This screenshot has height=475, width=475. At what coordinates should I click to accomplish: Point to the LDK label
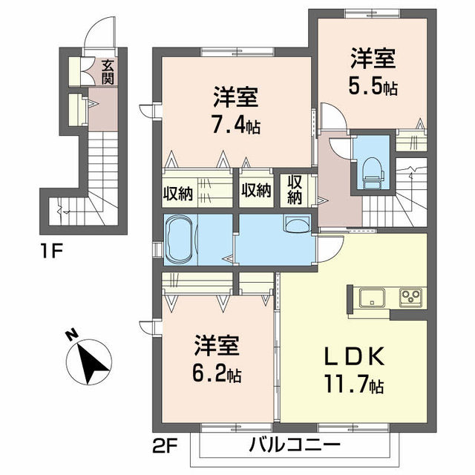(x=357, y=358)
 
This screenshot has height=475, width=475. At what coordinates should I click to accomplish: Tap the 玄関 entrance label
(x=108, y=71)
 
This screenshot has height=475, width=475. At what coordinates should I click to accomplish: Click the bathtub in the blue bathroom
(x=189, y=239)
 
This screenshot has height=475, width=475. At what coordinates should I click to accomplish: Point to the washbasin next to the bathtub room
(x=297, y=224)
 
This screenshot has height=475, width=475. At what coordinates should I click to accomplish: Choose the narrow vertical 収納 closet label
(x=295, y=189)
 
